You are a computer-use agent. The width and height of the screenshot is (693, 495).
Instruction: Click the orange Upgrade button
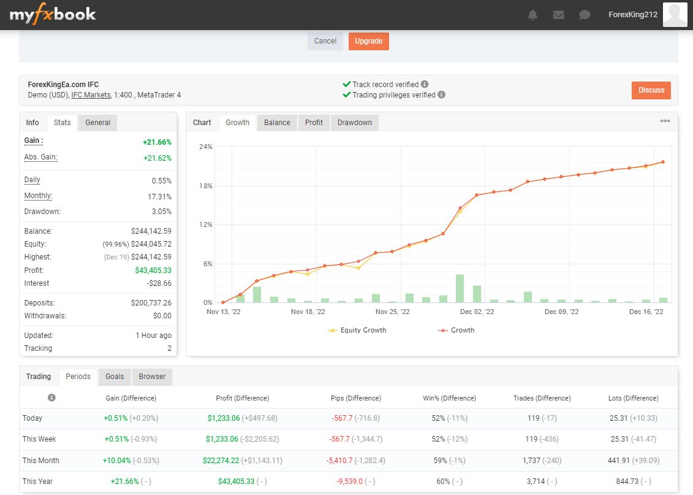(x=368, y=41)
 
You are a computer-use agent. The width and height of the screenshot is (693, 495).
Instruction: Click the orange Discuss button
(x=651, y=90)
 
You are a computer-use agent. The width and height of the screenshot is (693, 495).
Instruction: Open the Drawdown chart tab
(x=354, y=123)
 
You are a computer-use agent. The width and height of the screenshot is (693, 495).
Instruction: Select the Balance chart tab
(x=277, y=123)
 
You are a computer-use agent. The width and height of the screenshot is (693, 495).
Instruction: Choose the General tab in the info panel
(x=97, y=123)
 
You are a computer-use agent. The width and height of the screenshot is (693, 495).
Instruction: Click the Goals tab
(x=115, y=377)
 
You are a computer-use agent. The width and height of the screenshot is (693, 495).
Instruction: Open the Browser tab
(x=152, y=377)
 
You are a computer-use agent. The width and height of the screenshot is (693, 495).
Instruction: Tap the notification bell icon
(x=532, y=15)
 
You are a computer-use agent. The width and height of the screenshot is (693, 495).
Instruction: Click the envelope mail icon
(x=558, y=15)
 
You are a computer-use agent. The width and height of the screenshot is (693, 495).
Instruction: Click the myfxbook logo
(x=53, y=15)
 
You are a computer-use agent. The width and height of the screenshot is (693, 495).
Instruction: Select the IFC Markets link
(x=91, y=95)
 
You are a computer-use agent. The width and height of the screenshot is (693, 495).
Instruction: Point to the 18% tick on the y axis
(x=206, y=186)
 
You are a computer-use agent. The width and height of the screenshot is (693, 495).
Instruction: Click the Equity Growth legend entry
(x=358, y=330)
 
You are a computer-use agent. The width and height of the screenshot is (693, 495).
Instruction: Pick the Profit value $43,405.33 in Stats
(x=153, y=271)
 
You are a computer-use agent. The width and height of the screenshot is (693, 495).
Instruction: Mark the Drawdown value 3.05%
(x=161, y=212)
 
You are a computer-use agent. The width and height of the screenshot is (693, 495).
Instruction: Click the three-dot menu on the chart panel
(x=665, y=121)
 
